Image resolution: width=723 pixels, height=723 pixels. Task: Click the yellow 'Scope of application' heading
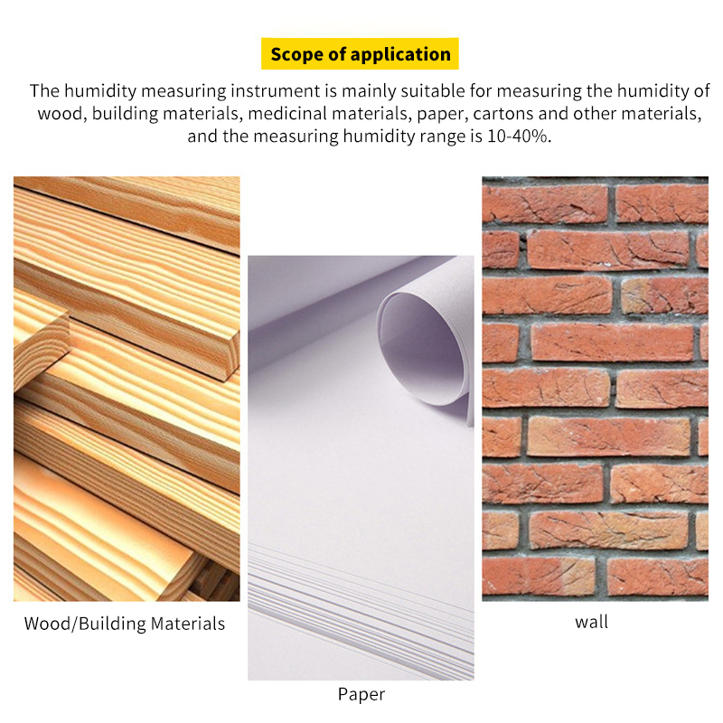click(x=361, y=54)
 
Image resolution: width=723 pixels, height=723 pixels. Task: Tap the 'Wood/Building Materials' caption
click(x=124, y=624)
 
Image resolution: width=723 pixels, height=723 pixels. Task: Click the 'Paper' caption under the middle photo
click(x=361, y=694)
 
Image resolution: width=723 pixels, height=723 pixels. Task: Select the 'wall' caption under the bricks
click(x=592, y=622)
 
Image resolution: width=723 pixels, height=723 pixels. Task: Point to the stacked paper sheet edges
click(x=361, y=606)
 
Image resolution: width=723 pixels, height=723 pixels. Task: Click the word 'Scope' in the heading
click(x=296, y=54)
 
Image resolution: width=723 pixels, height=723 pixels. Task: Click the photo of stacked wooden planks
click(x=127, y=389)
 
